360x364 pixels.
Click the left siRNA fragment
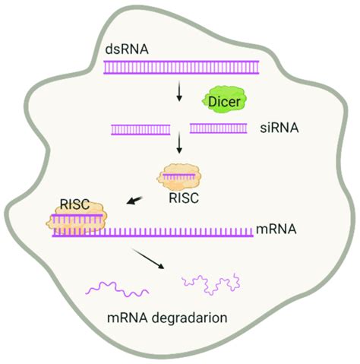tap(140, 129)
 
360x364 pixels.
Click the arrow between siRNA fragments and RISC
tap(179, 145)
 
